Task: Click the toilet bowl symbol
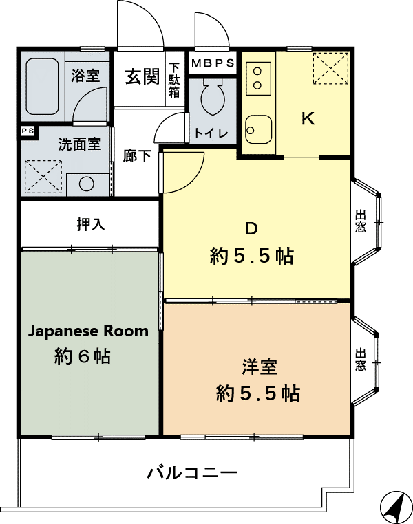[213, 97]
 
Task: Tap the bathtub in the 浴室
[42, 87]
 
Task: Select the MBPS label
[213, 63]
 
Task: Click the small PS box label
[28, 131]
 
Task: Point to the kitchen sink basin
[258, 130]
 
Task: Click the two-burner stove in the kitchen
[258, 78]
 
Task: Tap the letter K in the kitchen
[308, 118]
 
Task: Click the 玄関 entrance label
[142, 76]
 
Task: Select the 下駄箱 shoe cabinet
[174, 80]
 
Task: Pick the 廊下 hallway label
[137, 155]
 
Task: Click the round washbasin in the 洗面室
[87, 184]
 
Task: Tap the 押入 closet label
[91, 224]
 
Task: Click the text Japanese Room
[88, 331]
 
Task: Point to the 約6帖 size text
[83, 356]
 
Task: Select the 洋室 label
[260, 367]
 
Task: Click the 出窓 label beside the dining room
[361, 221]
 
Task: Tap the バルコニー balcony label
[193, 473]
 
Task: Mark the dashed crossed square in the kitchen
[330, 68]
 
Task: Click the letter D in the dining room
[251, 228]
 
